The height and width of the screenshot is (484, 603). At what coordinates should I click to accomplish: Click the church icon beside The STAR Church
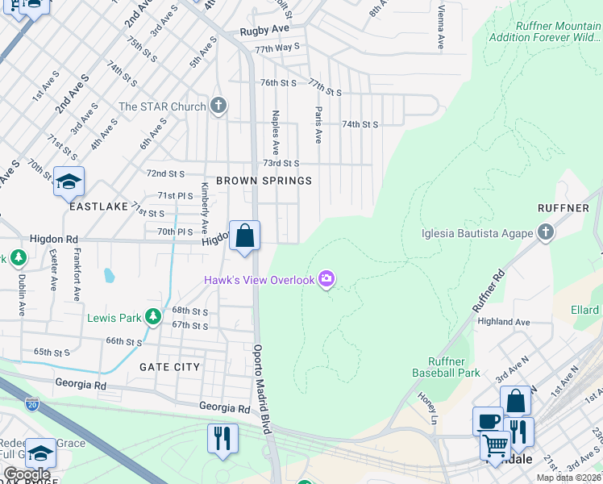tap(218, 106)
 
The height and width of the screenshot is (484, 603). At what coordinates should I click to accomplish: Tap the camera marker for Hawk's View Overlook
tap(326, 279)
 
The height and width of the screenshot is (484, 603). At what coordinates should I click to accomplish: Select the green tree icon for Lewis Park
tap(152, 317)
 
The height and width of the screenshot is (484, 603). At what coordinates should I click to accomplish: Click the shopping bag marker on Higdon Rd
tap(245, 236)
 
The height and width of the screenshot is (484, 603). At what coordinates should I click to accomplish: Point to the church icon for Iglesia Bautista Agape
tap(546, 233)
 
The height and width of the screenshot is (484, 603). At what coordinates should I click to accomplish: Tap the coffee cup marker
tap(488, 421)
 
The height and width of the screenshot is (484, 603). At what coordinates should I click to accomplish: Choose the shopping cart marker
tap(495, 445)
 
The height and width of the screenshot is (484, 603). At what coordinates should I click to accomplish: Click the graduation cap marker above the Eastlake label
tap(69, 181)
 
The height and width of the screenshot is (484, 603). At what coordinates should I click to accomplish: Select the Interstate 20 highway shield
tap(31, 401)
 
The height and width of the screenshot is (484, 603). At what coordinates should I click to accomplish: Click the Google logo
tap(27, 474)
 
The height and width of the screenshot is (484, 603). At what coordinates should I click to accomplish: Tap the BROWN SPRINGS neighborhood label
tap(263, 181)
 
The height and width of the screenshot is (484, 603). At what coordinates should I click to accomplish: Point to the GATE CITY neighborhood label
tap(169, 366)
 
